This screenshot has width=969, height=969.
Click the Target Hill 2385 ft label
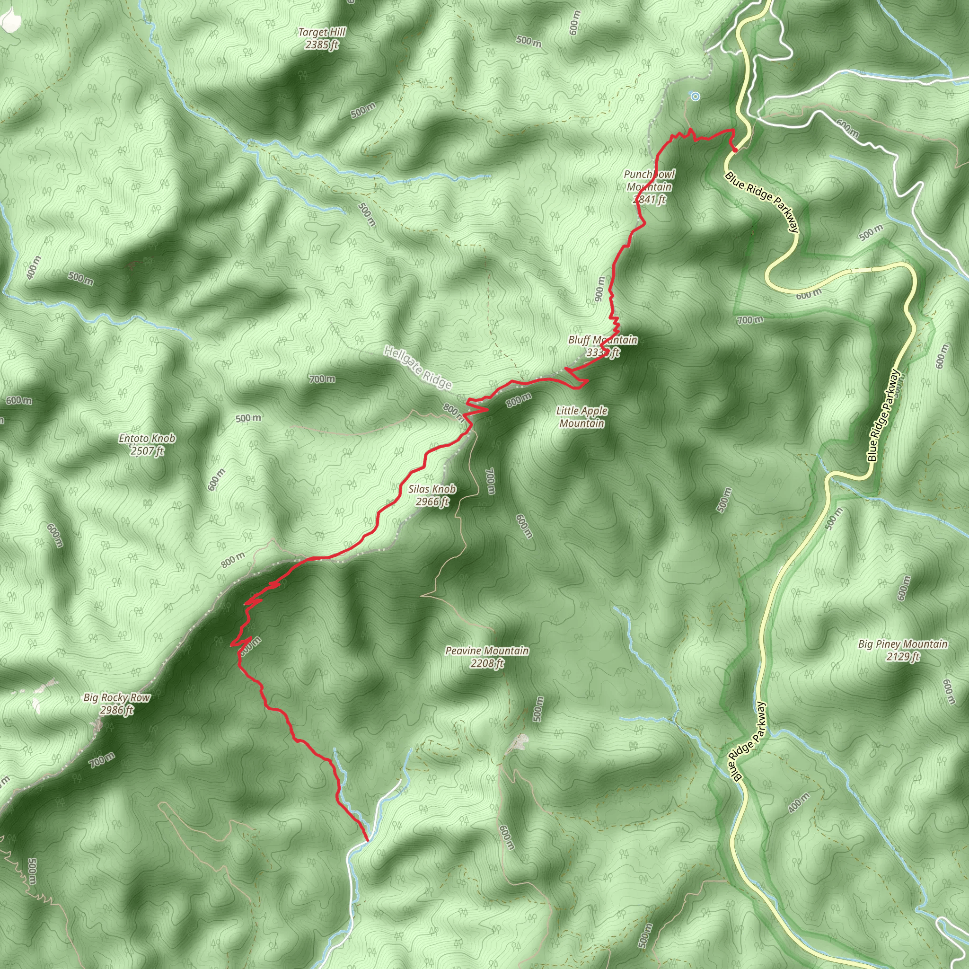(x=322, y=39)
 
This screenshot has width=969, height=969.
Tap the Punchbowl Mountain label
(x=649, y=186)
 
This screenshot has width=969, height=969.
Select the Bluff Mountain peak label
(x=602, y=346)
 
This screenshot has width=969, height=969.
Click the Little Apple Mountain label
(x=582, y=417)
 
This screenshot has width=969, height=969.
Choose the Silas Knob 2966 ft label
(x=432, y=495)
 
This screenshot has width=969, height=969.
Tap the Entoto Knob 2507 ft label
(x=147, y=444)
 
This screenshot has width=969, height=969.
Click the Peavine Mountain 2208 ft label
(x=487, y=657)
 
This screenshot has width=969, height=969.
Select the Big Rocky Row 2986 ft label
(x=116, y=704)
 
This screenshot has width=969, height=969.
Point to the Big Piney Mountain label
(x=903, y=650)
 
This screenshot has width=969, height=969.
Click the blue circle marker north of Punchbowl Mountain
(x=695, y=97)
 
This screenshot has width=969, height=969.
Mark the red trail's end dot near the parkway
(x=735, y=149)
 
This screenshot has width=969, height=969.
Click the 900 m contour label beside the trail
(x=599, y=289)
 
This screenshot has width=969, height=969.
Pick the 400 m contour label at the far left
(x=34, y=267)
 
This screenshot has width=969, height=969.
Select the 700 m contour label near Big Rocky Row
(x=102, y=760)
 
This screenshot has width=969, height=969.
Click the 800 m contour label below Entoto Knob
(x=233, y=559)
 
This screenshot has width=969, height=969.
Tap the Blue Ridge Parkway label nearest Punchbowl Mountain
(x=761, y=202)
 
